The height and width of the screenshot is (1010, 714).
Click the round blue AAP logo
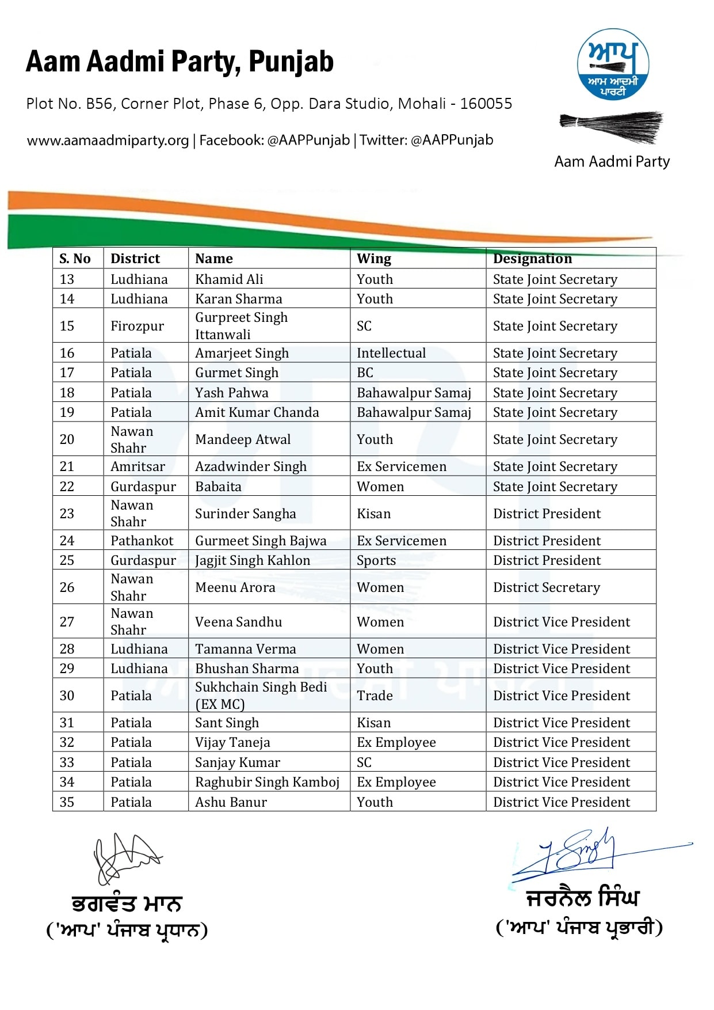[613, 64]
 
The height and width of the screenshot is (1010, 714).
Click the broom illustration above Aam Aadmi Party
[612, 126]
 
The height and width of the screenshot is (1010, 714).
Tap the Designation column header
[532, 259]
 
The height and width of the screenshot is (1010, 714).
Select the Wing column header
[374, 259]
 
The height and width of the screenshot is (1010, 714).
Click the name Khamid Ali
[229, 279]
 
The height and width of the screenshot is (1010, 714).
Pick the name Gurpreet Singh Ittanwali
[241, 326]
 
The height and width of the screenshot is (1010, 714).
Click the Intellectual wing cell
[391, 353]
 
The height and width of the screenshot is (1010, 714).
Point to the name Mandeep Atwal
[243, 439]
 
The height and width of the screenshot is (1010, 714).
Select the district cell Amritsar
[138, 466]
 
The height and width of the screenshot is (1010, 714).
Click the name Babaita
[218, 487]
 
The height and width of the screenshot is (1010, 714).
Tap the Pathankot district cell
[142, 541]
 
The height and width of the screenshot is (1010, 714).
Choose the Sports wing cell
[376, 560]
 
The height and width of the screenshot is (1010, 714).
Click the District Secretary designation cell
[547, 587]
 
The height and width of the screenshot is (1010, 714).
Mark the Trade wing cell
[375, 696]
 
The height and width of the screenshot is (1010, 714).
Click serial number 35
[67, 802]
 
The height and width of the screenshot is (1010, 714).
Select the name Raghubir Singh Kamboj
[267, 782]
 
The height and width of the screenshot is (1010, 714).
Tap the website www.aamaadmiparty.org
[108, 141]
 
